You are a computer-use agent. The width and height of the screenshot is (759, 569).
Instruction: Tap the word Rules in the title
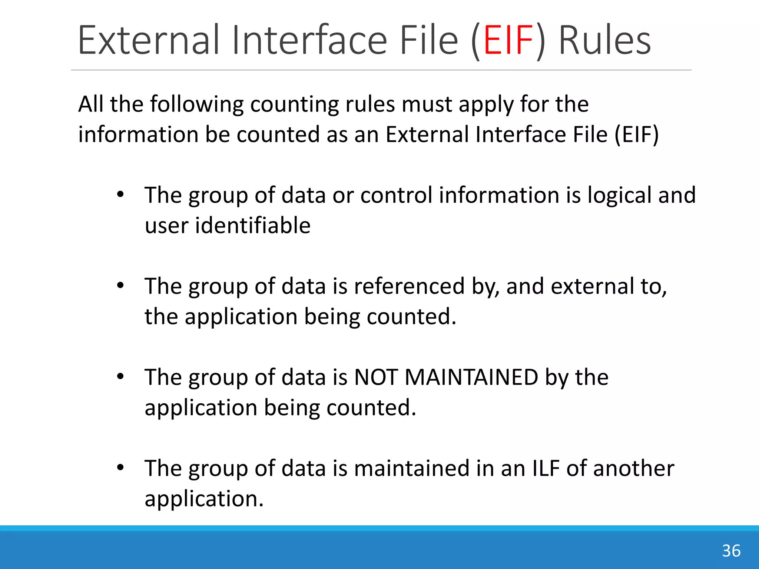point(604,40)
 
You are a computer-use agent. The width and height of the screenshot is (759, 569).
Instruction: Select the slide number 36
point(731,551)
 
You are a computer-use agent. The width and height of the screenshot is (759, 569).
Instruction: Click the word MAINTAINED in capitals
point(471,377)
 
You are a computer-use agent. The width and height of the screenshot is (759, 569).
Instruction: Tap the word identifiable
point(253,226)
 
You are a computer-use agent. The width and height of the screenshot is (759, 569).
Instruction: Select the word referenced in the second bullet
point(409,286)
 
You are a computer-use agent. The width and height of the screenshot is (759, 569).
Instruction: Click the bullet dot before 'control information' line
point(120,194)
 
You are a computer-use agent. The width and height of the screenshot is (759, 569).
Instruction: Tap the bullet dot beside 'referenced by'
point(120,286)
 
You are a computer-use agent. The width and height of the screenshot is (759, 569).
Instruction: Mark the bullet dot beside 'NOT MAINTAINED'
point(120,377)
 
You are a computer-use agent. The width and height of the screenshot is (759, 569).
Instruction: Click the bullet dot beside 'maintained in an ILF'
point(120,468)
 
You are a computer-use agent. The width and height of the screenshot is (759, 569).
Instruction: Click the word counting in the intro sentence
point(295,104)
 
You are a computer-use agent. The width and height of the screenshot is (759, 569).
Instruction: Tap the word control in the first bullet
point(396,195)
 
